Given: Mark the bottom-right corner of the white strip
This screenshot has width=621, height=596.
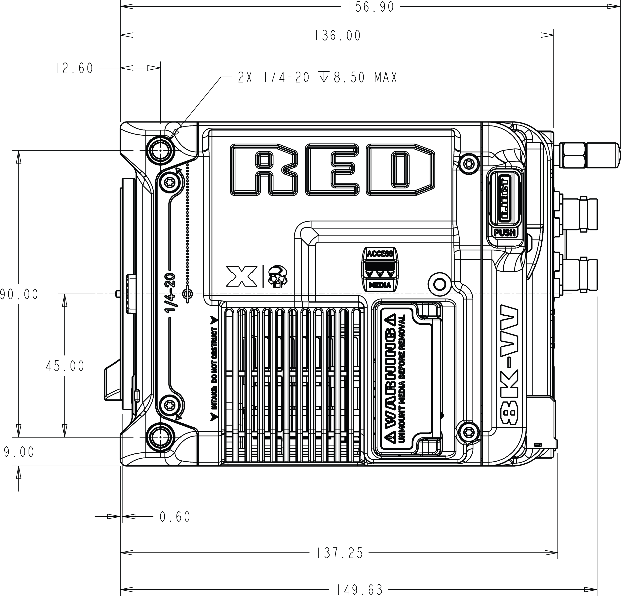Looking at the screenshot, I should point(620,595).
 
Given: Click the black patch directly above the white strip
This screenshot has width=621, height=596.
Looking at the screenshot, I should point(616,101).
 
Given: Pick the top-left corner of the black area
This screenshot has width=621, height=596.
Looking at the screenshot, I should point(0,0).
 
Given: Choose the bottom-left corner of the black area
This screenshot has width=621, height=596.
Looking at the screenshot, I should point(0,595).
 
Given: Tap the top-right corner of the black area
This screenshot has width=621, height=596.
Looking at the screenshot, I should point(620,0).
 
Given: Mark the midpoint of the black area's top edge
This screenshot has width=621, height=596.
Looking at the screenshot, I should point(310,0).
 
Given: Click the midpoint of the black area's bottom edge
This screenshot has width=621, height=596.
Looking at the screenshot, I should point(305,595).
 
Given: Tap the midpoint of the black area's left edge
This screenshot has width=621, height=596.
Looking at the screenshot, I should point(0,298).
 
